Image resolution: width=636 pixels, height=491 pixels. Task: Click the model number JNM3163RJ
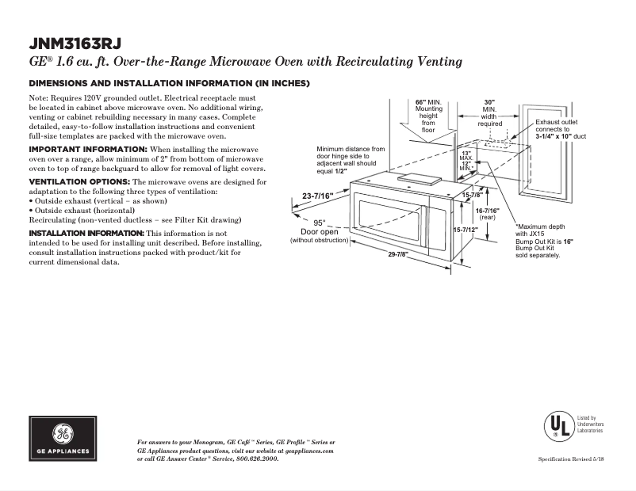75,43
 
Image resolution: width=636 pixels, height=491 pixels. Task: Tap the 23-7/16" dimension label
317,195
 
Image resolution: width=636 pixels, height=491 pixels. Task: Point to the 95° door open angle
319,223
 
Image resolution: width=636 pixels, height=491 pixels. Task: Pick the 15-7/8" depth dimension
473,195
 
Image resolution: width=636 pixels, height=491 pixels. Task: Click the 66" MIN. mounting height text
428,103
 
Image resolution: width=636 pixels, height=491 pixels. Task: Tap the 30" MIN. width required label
489,103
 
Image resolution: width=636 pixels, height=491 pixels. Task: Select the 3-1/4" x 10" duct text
560,136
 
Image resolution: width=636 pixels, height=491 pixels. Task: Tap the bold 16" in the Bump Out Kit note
568,241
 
